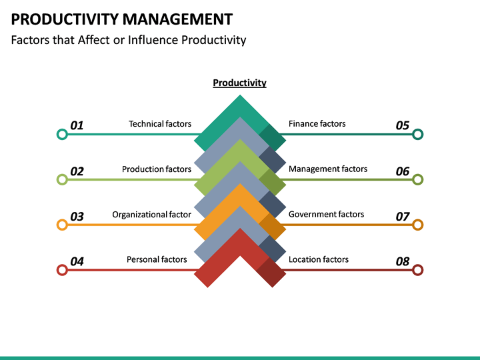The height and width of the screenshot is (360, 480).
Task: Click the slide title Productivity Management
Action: point(122,19)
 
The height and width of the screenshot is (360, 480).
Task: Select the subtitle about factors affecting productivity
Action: point(129,40)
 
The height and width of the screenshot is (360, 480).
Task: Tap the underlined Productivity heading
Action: point(239,83)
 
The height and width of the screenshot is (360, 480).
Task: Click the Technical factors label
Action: point(160,124)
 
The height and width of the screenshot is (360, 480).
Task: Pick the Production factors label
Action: point(157,169)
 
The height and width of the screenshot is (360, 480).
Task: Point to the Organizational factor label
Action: point(151,215)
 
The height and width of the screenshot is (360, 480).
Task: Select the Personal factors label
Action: point(157,259)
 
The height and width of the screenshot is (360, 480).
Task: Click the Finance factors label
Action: point(317,124)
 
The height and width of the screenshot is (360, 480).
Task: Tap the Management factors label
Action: point(327,169)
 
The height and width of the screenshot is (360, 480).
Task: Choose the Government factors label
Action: point(326,215)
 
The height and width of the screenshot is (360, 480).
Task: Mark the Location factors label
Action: point(318,259)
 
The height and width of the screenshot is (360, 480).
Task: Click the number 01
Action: point(77,125)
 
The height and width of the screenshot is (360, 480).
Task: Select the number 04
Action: point(77,261)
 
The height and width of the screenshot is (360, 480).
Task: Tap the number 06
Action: point(403,171)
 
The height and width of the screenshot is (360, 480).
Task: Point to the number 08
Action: point(403,261)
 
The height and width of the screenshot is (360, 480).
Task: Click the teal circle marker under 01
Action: point(62,134)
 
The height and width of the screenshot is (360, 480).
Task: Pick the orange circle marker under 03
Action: point(62,225)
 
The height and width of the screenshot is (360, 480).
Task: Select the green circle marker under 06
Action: point(418,179)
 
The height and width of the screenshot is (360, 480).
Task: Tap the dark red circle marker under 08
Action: point(418,270)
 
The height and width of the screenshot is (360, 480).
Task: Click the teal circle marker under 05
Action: point(418,134)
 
